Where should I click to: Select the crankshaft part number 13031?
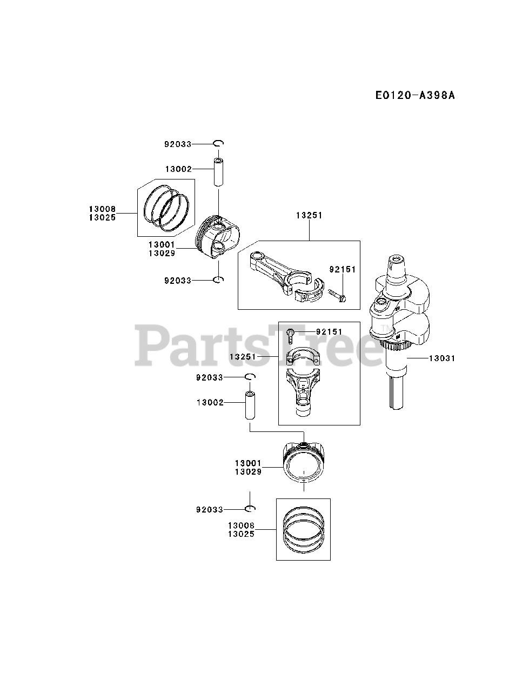point(442,358)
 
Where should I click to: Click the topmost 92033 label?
point(178,144)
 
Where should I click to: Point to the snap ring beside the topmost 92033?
point(218,143)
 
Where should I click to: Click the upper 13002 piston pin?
point(218,172)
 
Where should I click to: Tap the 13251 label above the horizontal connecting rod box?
point(309,215)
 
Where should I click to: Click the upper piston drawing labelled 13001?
point(216,238)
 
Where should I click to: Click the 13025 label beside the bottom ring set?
point(241,534)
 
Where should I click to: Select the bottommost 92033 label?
point(210,509)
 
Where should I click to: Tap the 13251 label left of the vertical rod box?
point(243,357)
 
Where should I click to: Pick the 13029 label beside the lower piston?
point(248,471)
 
